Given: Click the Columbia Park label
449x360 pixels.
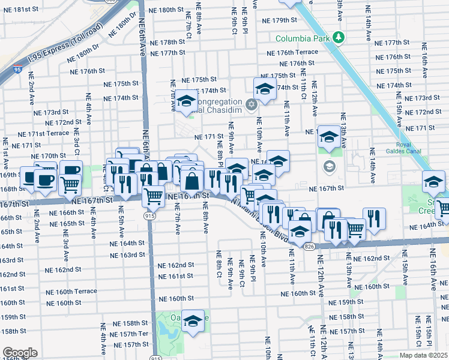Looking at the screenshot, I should tap(303, 38).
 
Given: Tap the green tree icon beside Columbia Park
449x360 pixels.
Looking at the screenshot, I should tap(339, 38).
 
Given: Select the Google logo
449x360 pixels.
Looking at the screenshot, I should tap(20, 352).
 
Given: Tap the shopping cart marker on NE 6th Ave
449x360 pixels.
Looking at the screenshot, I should tap(154, 195).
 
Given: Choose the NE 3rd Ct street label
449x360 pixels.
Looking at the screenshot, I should tap(77, 144).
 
